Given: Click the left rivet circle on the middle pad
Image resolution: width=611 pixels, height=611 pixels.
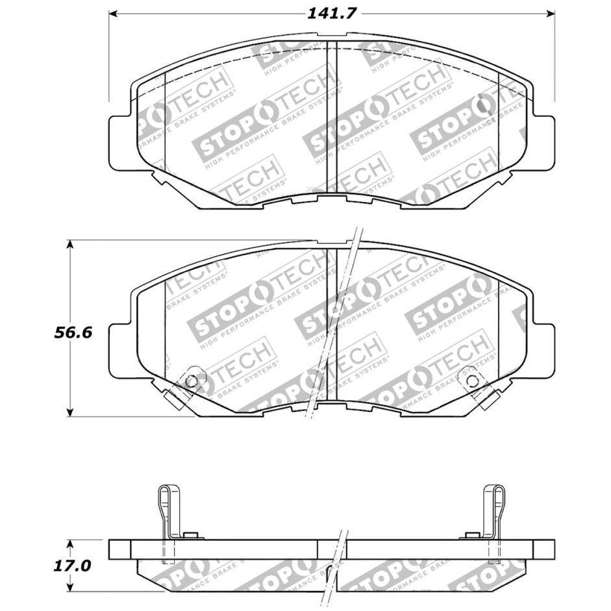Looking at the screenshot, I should point(191,381).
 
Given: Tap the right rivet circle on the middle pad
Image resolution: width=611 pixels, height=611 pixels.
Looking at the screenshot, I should point(469,381).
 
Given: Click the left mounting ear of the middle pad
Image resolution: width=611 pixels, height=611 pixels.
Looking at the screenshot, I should point(121,351).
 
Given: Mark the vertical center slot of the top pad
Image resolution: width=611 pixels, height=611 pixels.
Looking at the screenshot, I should point(330,117).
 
